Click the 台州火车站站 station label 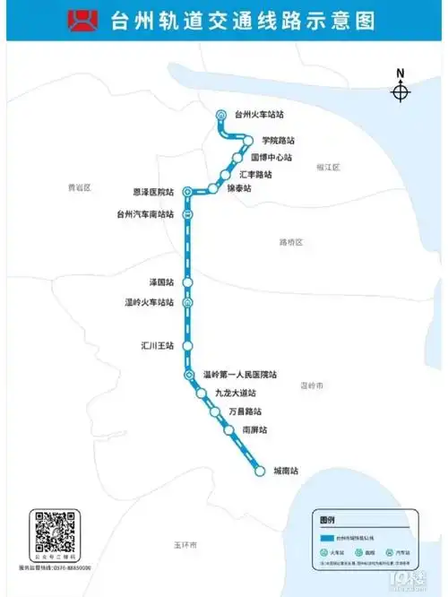point(259,115)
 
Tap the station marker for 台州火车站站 point(221,114)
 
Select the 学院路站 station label point(278,141)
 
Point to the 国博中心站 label point(271,157)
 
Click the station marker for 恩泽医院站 point(187,192)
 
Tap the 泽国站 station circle point(187,282)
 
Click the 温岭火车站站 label point(149,302)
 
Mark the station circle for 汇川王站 point(187,345)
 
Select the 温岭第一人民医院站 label point(240,375)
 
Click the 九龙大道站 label point(236,394)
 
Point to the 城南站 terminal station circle point(260,471)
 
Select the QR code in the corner point(53,535)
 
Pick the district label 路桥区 point(291,243)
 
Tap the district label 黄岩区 point(80,187)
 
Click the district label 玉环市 point(185,545)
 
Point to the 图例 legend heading point(327,521)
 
